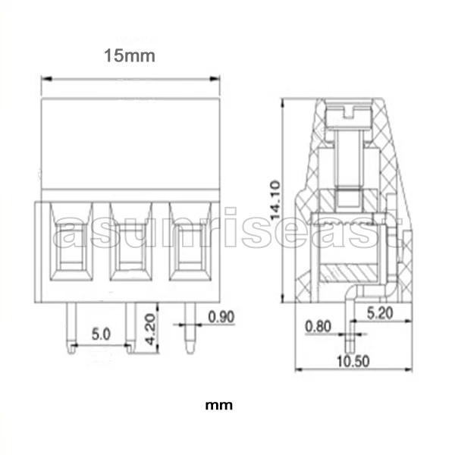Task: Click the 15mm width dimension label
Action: click(x=130, y=55)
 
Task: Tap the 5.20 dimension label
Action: click(x=380, y=311)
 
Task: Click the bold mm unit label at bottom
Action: click(x=219, y=404)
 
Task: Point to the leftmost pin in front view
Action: click(x=70, y=328)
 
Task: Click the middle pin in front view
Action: click(x=130, y=328)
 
